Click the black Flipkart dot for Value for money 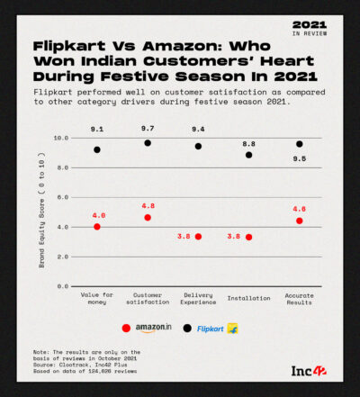pyautogui.click(x=97, y=149)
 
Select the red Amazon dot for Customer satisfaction pyautogui.click(x=148, y=218)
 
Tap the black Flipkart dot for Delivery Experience pyautogui.click(x=198, y=146)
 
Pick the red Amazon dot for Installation pyautogui.click(x=248, y=237)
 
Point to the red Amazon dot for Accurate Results pyautogui.click(x=299, y=221)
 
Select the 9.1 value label pyautogui.click(x=97, y=130)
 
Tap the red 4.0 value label pyautogui.click(x=97, y=215)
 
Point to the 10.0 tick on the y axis pyautogui.click(x=61, y=139)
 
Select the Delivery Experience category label pyautogui.click(x=198, y=299)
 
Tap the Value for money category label pyautogui.click(x=97, y=299)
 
